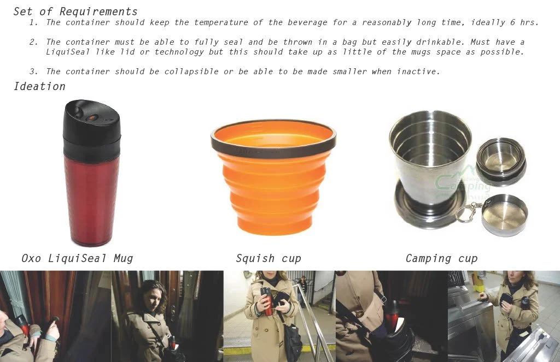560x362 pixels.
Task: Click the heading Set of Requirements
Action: click(x=75, y=11)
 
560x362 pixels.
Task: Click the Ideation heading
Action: click(x=39, y=86)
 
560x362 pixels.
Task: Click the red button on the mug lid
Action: click(x=92, y=117)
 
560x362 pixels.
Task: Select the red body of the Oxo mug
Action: click(x=91, y=200)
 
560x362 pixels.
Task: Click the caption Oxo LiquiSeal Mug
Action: click(x=77, y=258)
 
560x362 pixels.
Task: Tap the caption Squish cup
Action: click(x=269, y=258)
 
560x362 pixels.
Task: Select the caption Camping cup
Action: click(x=441, y=258)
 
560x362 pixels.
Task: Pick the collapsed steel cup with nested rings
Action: click(x=501, y=161)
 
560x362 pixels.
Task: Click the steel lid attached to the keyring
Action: click(x=504, y=215)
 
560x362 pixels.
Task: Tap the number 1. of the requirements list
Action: click(x=33, y=22)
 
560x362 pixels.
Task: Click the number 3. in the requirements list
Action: click(x=33, y=72)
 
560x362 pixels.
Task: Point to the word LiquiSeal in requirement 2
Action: click(x=67, y=52)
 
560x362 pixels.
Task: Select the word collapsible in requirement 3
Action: click(x=191, y=72)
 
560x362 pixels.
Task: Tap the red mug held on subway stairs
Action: click(x=266, y=301)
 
